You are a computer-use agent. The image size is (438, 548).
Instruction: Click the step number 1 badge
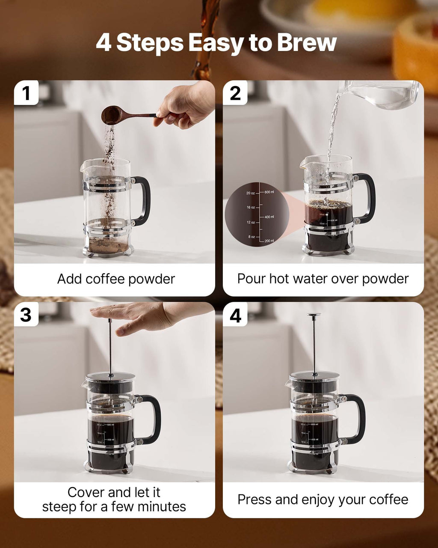[26, 93]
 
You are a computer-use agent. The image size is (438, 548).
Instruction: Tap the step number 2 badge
[235, 93]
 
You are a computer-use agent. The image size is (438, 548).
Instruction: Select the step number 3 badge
[26, 315]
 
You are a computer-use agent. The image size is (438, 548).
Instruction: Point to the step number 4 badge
[235, 316]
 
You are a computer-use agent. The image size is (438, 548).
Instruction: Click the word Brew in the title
[307, 43]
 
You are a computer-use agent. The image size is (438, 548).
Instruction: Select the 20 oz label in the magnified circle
[251, 193]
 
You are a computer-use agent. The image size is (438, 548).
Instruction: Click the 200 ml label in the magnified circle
[269, 241]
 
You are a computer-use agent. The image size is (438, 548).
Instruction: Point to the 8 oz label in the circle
[252, 237]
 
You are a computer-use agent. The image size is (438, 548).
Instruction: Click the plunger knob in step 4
[314, 315]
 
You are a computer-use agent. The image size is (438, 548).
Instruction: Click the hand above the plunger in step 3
[137, 317]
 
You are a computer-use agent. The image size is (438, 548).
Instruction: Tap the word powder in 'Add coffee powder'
[151, 279]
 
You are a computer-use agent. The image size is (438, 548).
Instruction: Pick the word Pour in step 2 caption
[252, 279]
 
